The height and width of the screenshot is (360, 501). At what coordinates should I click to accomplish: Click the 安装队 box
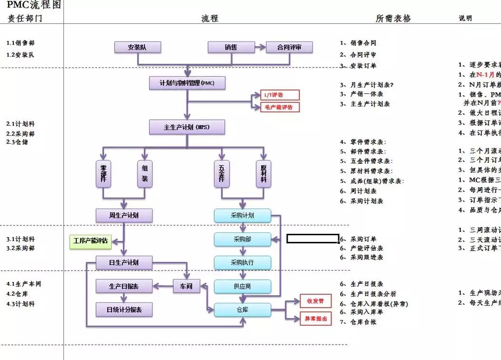(x=138, y=47)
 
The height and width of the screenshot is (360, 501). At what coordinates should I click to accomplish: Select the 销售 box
(x=231, y=47)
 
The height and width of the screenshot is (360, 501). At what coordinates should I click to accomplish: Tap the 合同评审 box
(x=289, y=47)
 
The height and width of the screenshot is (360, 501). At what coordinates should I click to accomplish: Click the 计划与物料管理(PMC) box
(x=187, y=83)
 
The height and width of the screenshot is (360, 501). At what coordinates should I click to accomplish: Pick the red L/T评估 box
(x=280, y=95)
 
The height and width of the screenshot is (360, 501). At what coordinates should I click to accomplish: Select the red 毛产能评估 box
(x=280, y=107)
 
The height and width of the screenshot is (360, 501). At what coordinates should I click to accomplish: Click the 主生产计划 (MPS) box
(x=187, y=128)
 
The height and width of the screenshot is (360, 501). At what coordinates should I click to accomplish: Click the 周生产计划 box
(x=124, y=215)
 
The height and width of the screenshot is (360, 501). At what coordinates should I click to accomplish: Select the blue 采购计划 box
(x=242, y=215)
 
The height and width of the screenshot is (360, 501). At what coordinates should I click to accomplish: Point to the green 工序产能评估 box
(x=90, y=241)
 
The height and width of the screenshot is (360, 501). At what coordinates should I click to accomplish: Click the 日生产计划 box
(x=124, y=262)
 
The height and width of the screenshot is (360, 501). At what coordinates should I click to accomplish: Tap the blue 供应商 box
(x=242, y=286)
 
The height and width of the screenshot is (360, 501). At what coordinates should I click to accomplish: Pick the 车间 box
(x=186, y=286)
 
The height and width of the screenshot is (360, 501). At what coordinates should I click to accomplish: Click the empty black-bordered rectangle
(x=312, y=239)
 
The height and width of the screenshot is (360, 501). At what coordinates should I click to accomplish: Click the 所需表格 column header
(x=393, y=18)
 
